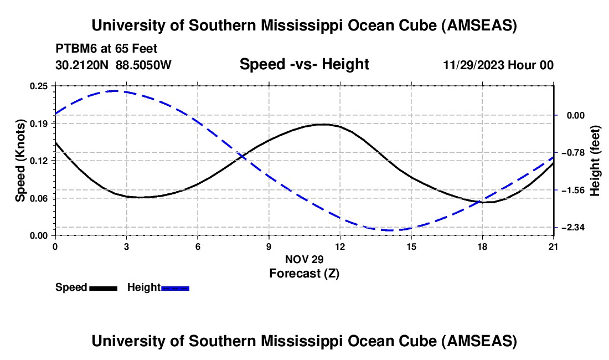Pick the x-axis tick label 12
(339, 247)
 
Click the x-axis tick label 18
(482, 247)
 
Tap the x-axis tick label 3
(126, 247)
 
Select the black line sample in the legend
(103, 287)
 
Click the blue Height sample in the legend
(176, 287)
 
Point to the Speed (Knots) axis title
(20, 160)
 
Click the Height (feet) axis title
(595, 160)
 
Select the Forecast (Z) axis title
(304, 273)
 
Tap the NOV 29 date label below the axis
(304, 259)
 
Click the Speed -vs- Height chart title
(304, 64)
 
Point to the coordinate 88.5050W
(144, 65)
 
